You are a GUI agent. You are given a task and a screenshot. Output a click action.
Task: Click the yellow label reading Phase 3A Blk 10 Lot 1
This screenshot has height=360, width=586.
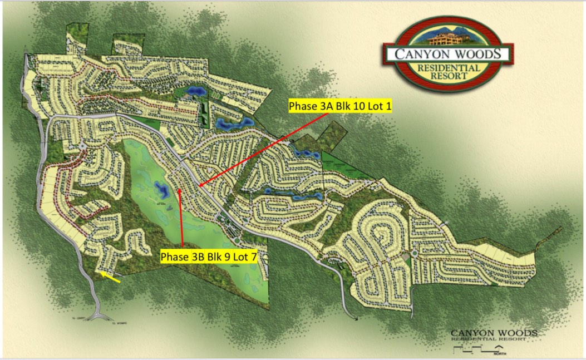tap(340, 106)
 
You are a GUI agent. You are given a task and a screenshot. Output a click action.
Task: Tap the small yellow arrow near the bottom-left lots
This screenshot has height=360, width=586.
tap(111, 277)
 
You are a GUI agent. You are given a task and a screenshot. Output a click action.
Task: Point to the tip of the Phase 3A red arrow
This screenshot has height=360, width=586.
tap(198, 186)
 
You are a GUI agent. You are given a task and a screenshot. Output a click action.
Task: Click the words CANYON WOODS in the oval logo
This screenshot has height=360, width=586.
tap(449, 55)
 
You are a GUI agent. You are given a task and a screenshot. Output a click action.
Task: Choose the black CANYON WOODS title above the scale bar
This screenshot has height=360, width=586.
tap(494, 333)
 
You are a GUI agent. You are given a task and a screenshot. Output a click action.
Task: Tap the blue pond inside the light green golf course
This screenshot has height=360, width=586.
tap(162, 192)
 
